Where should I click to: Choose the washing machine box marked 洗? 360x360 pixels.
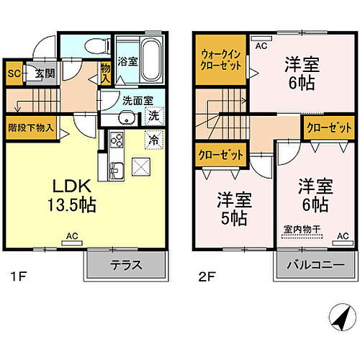tap(153, 115)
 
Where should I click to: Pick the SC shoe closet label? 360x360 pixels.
tap(13, 72)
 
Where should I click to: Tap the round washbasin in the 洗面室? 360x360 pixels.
tap(125, 120)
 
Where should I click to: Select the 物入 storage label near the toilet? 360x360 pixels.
tap(105, 72)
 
